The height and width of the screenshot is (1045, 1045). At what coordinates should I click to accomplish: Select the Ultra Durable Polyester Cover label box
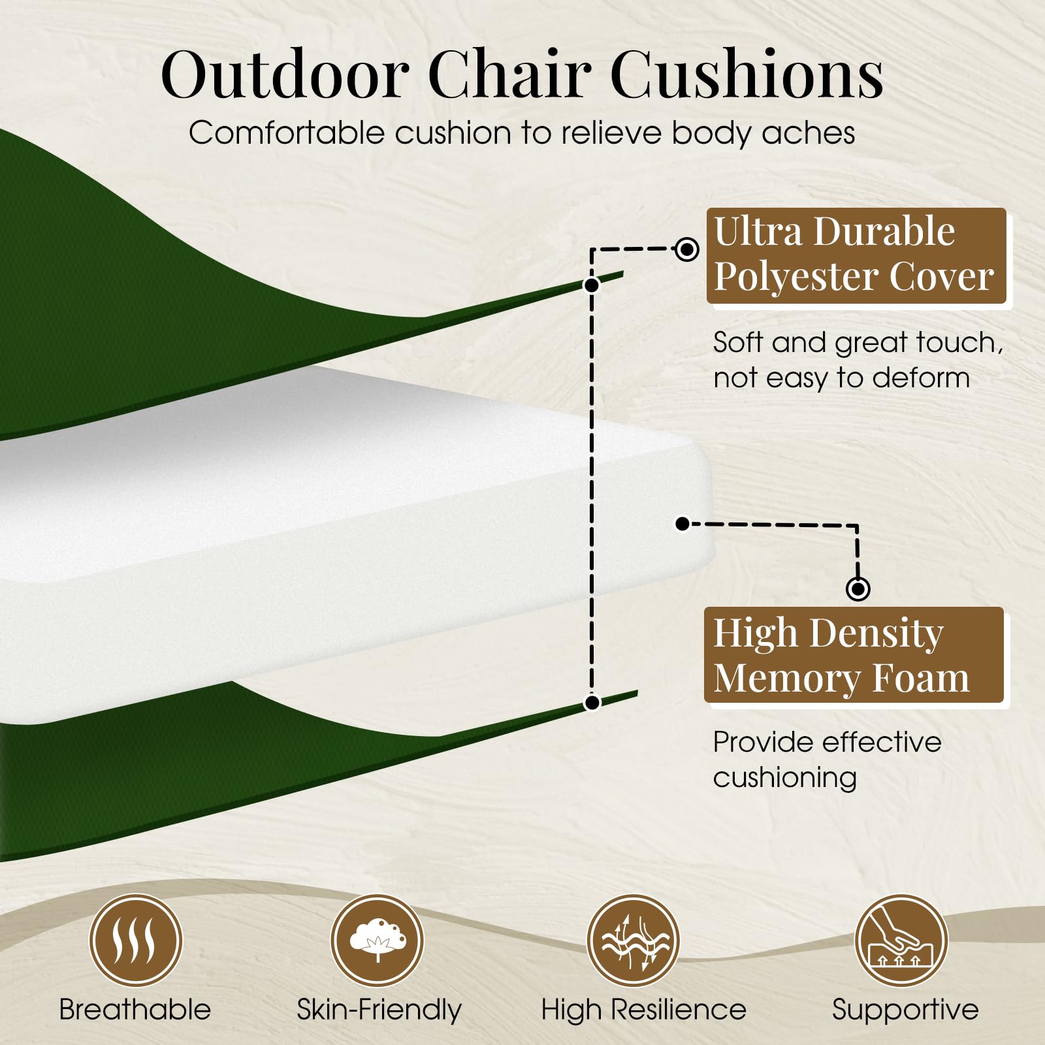(856, 255)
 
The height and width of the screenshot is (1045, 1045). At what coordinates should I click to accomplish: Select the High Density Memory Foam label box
(854, 655)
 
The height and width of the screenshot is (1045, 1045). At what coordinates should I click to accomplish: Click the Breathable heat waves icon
(135, 941)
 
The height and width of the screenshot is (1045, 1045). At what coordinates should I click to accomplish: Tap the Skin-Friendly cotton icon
(378, 941)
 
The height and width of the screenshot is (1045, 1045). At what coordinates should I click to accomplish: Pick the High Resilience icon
(634, 941)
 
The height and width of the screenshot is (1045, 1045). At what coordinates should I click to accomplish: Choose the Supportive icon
(901, 941)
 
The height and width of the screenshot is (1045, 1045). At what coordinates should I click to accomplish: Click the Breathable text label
(135, 1010)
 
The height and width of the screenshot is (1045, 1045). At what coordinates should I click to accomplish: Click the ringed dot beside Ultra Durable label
(686, 249)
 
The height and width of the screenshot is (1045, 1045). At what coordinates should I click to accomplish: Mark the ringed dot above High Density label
(858, 588)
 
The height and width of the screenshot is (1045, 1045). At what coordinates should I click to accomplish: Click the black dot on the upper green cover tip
(592, 285)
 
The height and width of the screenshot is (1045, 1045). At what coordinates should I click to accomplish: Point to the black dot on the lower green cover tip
(592, 703)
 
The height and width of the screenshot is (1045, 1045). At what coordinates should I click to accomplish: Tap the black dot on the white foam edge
(683, 523)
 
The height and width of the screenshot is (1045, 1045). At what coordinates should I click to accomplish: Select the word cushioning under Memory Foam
(785, 778)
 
